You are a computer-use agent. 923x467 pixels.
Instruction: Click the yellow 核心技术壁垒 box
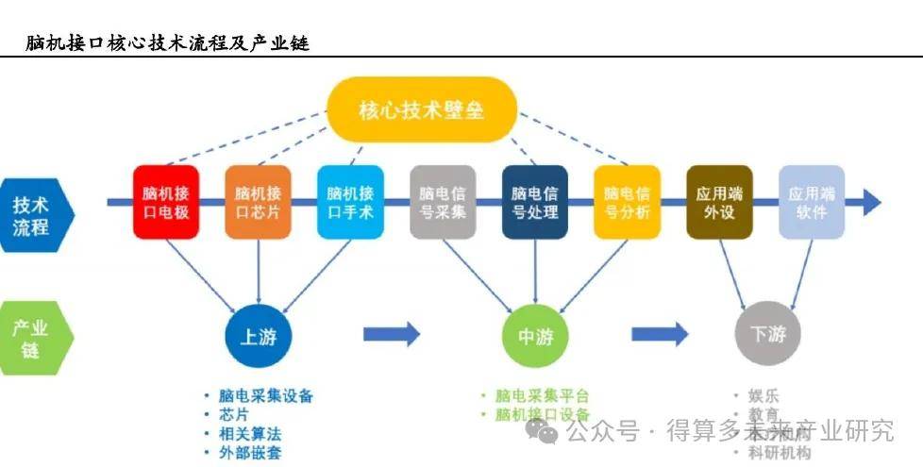[422, 109]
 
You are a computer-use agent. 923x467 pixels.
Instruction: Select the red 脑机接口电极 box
[166, 202]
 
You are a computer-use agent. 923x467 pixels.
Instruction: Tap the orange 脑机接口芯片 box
[259, 202]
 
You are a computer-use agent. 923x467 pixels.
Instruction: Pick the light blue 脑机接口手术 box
[350, 202]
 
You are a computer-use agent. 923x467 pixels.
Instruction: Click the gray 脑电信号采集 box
[443, 202]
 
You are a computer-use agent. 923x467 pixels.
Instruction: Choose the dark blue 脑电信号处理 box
[535, 202]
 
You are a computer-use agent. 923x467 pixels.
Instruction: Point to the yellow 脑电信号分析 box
[627, 202]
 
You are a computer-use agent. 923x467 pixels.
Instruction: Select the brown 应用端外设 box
[719, 202]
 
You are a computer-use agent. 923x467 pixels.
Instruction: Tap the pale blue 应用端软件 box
[812, 202]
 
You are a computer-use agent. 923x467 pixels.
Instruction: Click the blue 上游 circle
[259, 335]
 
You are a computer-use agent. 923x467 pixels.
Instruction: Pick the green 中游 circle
[535, 335]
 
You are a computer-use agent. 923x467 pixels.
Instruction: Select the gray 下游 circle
[767, 335]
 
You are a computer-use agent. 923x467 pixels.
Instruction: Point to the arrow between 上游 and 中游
[391, 333]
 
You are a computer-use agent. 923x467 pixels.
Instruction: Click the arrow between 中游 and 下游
[659, 333]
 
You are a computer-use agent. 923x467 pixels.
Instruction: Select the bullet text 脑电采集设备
[265, 396]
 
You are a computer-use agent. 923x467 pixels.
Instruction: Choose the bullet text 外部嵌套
[249, 454]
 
